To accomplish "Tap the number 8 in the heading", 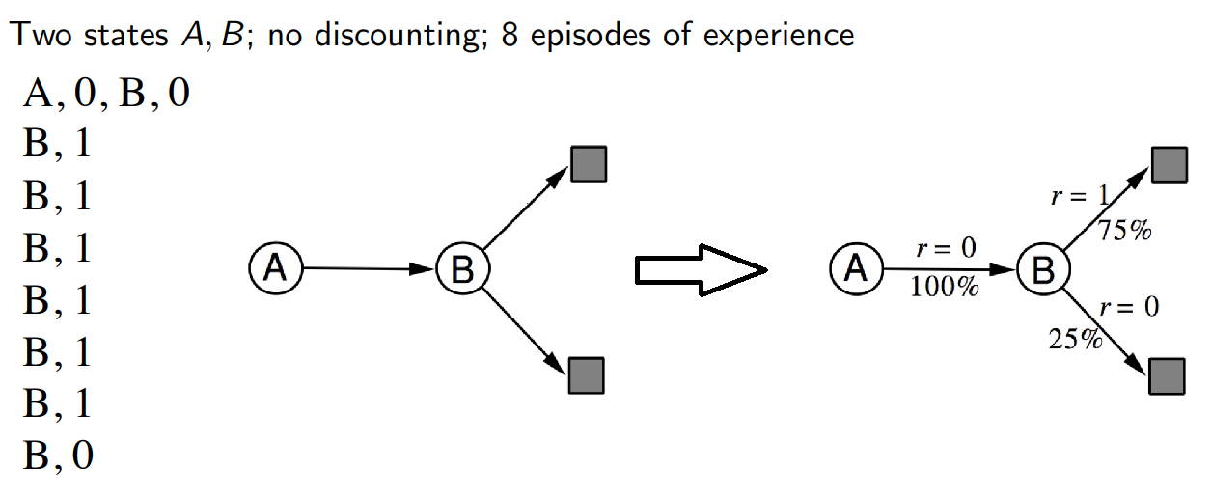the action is coord(510,35).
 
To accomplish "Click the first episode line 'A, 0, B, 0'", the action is coord(106,93).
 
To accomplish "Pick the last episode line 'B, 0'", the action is coord(58,456).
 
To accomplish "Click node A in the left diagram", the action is coord(276,268).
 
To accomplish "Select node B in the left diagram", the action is coord(463,269).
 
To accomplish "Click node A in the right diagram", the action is coord(856,268).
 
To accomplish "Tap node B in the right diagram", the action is coord(1043,269).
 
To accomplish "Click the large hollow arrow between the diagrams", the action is coord(702,270).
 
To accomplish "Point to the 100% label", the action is coord(945,287).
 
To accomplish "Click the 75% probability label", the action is coord(1124,231).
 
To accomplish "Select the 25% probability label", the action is coord(1075,340).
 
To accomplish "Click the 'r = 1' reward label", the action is coord(1080,195).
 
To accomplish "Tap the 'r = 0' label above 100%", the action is coord(947,248).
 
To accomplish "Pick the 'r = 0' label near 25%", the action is coord(1130,308).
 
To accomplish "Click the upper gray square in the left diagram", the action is coord(589,164).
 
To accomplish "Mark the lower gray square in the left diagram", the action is coord(587,375).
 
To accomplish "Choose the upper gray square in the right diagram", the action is coord(1170,165).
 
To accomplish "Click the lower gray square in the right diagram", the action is coord(1167,376).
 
